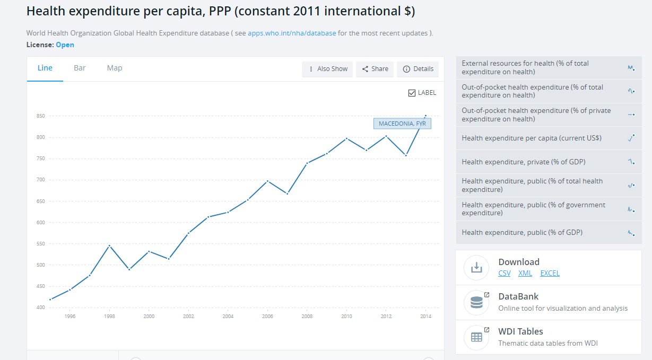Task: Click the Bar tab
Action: [80, 68]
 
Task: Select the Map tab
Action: [115, 68]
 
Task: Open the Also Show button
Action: [327, 69]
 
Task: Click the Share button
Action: [375, 69]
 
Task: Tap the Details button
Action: [418, 69]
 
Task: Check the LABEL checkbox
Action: [412, 93]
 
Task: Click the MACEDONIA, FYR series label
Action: [402, 124]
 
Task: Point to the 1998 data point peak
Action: [109, 245]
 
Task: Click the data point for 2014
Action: [425, 116]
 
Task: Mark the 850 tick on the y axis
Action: [40, 116]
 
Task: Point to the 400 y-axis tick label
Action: [40, 308]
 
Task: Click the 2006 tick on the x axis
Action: [267, 317]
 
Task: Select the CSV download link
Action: [505, 274]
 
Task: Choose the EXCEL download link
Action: [550, 274]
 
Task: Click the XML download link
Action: [525, 274]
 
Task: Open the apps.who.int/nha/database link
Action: [292, 33]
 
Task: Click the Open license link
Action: [65, 45]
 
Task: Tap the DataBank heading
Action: [518, 296]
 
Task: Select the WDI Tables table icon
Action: [476, 337]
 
